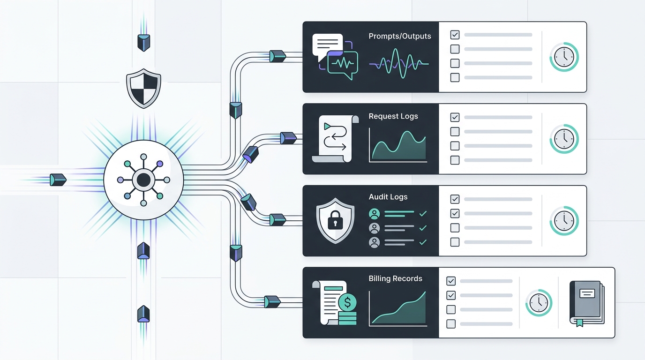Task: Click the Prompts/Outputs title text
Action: click(x=400, y=36)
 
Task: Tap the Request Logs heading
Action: click(x=393, y=116)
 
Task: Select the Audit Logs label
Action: click(x=388, y=197)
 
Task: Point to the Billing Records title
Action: click(x=395, y=278)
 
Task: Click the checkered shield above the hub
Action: click(x=144, y=88)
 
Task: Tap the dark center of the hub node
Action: click(x=144, y=180)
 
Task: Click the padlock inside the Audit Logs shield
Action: click(x=335, y=220)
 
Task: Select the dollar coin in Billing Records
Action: click(x=347, y=302)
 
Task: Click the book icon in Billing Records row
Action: click(x=587, y=304)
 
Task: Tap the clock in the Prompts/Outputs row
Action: click(x=564, y=57)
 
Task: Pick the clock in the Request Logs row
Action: click(x=564, y=139)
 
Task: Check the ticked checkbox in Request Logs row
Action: click(x=455, y=117)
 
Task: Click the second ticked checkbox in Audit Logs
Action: click(x=455, y=213)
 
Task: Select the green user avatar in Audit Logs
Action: click(x=375, y=214)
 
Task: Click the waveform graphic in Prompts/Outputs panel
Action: click(x=399, y=63)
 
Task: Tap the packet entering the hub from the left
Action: click(x=58, y=180)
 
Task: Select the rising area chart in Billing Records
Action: click(x=398, y=309)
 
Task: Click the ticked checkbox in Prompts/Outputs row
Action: click(x=455, y=35)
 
